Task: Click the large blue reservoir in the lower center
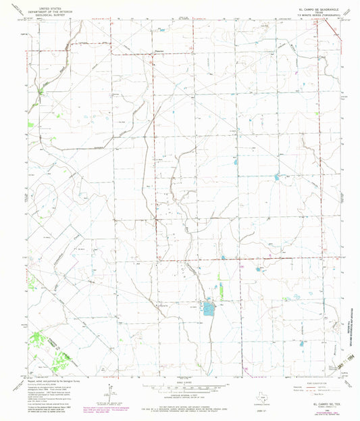[208, 309]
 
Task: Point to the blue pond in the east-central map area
[277, 178]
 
